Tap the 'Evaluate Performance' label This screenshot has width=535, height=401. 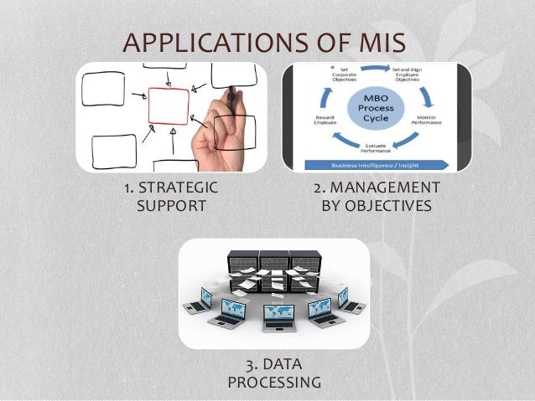(x=383, y=149)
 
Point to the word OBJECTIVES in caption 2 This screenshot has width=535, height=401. (x=390, y=204)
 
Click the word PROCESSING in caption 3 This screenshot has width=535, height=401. (x=273, y=383)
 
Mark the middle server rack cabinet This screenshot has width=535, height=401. (x=274, y=266)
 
